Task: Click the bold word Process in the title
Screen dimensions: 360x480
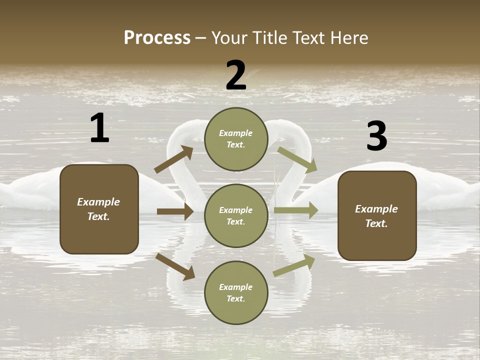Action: tap(157, 38)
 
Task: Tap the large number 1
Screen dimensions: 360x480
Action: tap(99, 128)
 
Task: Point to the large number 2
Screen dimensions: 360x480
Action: tap(236, 75)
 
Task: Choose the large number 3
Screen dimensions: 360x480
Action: tap(376, 136)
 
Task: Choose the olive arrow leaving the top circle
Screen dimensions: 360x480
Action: tap(297, 159)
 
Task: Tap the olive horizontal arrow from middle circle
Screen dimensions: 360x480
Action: tap(295, 210)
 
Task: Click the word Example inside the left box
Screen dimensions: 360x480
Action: tap(98, 202)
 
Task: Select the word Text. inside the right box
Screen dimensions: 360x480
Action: tap(376, 223)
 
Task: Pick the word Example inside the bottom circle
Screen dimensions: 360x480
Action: tap(235, 287)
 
